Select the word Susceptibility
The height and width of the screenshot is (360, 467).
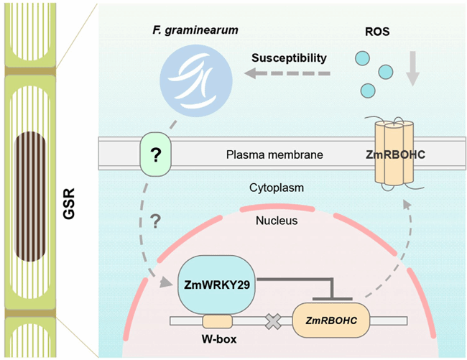click(290, 57)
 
